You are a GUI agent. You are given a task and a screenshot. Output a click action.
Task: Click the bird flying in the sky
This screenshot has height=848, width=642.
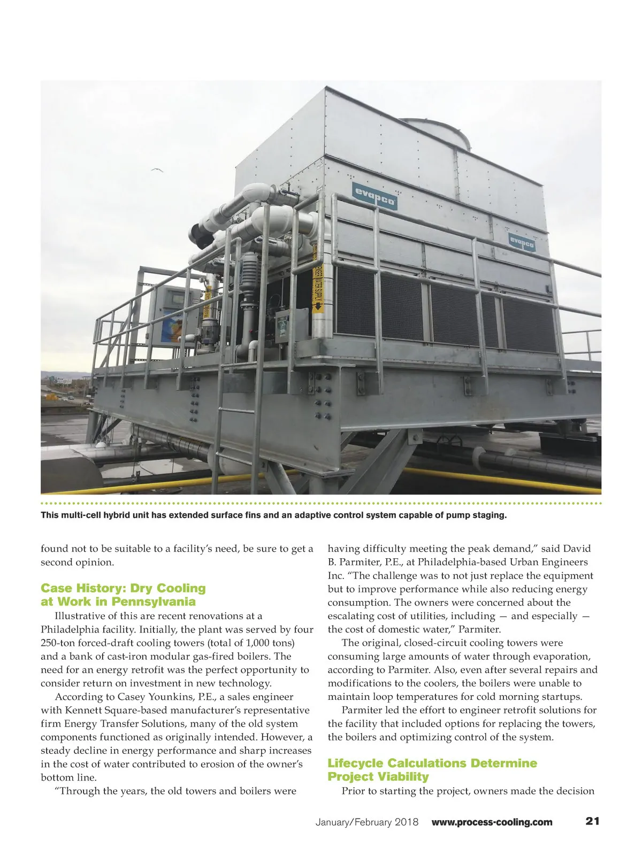[156, 170]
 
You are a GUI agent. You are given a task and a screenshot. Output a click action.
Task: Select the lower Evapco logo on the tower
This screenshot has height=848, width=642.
[523, 241]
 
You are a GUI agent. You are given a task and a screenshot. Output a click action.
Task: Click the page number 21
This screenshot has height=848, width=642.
[592, 821]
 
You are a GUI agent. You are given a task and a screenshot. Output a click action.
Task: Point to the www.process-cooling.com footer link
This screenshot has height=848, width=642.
[492, 822]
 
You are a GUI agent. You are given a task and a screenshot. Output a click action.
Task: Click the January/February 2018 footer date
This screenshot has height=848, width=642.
[367, 822]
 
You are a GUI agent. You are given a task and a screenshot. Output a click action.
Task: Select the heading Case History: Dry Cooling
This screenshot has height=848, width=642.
[123, 588]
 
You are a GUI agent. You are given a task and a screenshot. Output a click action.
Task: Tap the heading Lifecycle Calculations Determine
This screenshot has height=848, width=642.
[432, 763]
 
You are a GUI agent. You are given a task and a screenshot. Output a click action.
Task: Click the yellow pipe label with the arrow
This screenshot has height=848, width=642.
[317, 283]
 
